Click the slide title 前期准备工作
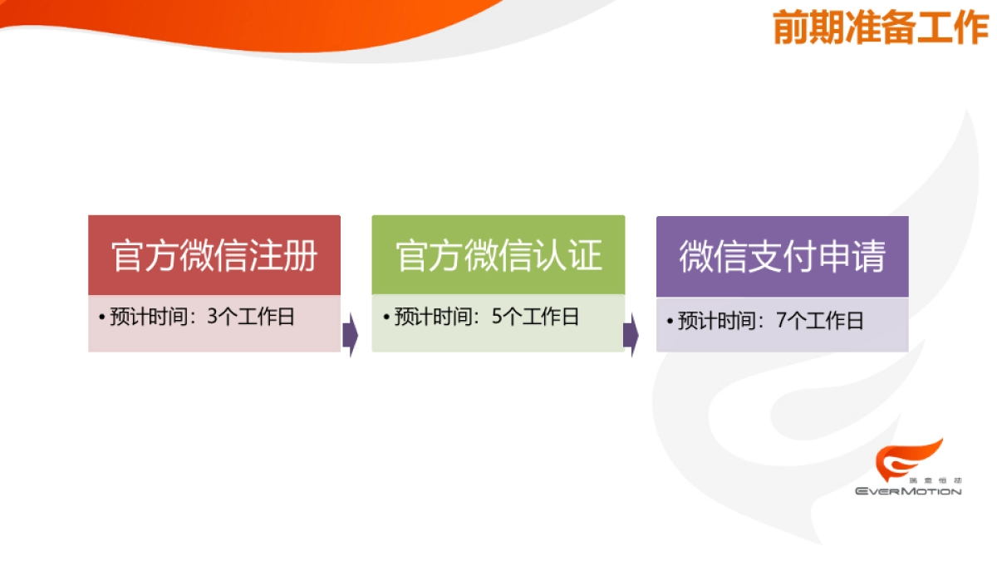(880, 28)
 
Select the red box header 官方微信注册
(214, 255)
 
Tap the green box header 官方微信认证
(498, 255)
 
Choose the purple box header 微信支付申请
(782, 256)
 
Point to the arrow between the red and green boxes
(351, 334)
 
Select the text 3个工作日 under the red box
(250, 317)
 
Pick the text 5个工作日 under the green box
(535, 317)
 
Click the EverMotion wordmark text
(908, 491)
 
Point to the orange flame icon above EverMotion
(906, 460)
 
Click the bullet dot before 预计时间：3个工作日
(101, 318)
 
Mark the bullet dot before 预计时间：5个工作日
(386, 318)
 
